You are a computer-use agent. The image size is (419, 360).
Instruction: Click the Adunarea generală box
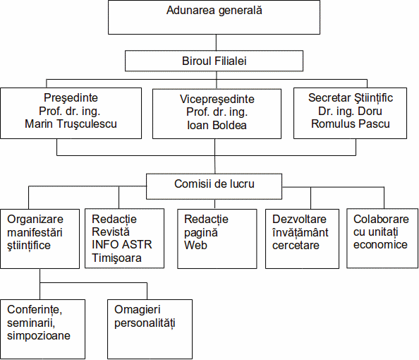[214, 18]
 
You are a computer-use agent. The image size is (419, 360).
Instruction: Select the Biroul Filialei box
[214, 61]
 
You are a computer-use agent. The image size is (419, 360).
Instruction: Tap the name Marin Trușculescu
[71, 124]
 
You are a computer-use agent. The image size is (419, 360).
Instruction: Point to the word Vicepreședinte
[217, 100]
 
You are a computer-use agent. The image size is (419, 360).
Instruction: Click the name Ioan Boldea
[217, 125]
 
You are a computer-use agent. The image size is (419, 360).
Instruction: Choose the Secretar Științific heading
[351, 98]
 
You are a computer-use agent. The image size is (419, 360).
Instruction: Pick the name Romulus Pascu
[351, 124]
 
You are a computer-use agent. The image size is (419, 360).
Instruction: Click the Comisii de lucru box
[214, 186]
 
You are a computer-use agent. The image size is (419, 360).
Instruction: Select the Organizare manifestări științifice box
[40, 239]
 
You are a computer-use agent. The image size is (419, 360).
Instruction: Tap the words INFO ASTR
[122, 244]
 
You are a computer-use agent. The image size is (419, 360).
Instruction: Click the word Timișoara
[116, 258]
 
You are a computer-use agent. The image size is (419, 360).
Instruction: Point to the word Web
[195, 245]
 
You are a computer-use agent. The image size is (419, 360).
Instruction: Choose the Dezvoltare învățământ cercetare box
[302, 239]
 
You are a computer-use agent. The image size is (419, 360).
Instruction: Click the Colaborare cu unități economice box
[382, 239]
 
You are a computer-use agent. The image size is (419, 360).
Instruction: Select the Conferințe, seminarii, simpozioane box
[43, 329]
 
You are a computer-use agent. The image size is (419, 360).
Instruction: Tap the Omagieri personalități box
[150, 329]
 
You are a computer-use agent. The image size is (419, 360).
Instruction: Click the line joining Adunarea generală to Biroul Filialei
[216, 42]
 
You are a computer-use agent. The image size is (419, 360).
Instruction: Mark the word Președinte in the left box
[71, 98]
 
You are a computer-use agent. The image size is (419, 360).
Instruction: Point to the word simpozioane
[39, 336]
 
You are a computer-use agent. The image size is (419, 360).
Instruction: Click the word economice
[380, 245]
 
